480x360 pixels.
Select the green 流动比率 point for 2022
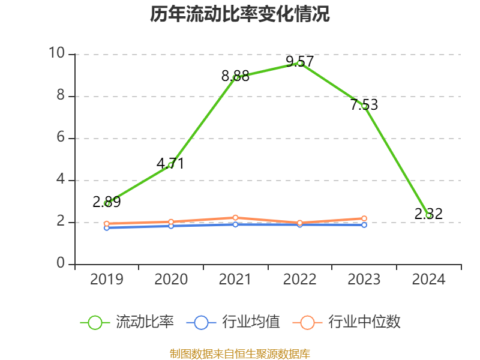coord(300,63)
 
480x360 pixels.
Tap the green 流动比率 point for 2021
coord(236,77)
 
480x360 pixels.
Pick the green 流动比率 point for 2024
coord(428,215)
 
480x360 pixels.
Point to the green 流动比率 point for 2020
coord(171,165)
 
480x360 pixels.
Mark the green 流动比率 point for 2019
coord(107,203)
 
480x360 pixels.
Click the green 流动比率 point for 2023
coord(364,106)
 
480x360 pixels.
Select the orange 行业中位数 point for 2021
coord(235,217)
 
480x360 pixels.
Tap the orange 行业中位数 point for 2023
coord(364,218)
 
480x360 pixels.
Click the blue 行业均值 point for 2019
coord(107,227)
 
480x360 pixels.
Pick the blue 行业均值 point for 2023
coord(364,225)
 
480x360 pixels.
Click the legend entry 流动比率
coord(127,322)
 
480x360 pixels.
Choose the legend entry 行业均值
coord(233,322)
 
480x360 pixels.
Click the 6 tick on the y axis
coord(61,138)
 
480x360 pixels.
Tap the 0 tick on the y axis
coord(61,264)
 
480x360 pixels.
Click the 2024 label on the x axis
coord(428,280)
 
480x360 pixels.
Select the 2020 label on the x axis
coord(171,280)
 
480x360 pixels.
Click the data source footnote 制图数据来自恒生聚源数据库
coord(240,353)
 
